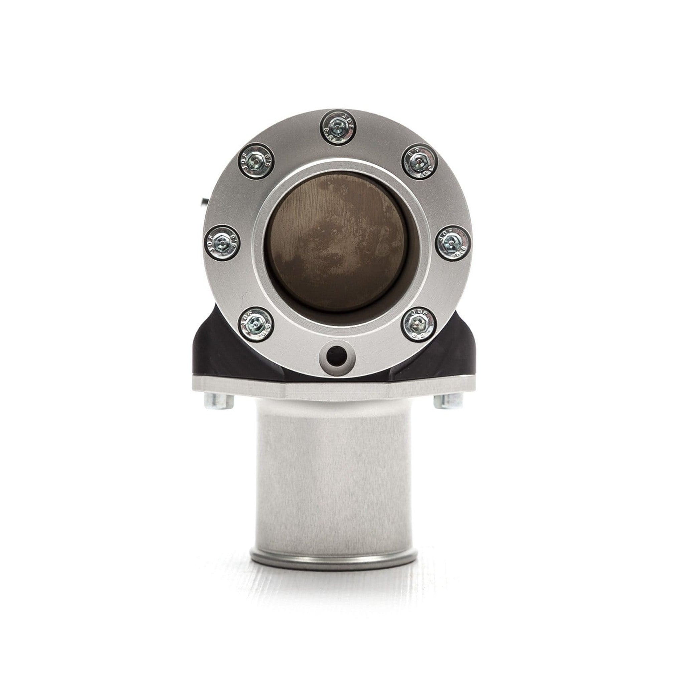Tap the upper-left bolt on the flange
255,161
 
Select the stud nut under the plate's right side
449,400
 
